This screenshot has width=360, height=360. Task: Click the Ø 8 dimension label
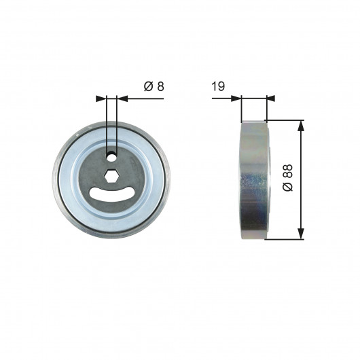click(154, 86)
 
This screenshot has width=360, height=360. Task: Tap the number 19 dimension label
click(218, 86)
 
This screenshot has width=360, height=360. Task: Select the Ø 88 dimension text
click(287, 177)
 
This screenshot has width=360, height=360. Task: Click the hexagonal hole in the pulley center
click(111, 177)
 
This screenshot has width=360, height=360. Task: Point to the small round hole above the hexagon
click(112, 157)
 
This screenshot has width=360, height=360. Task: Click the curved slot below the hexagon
click(112, 195)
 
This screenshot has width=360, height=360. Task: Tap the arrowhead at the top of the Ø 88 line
click(301, 126)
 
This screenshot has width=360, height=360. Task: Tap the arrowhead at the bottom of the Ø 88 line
click(301, 234)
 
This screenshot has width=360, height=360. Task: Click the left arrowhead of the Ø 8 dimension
click(101, 98)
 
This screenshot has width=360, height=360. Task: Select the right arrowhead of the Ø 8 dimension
click(122, 98)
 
